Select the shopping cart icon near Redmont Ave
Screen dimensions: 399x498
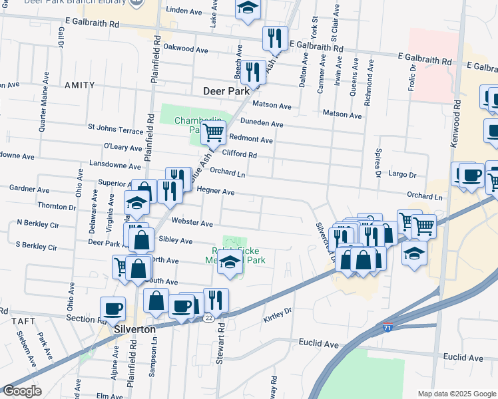[213, 132]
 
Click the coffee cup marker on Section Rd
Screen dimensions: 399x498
[113, 309]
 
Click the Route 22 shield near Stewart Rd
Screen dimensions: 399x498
[208, 318]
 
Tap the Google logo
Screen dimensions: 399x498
[22, 391]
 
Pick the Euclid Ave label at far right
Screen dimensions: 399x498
[463, 358]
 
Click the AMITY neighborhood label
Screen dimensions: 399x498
[79, 86]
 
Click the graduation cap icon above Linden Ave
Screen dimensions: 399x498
[248, 8]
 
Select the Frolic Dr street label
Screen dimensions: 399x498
[413, 78]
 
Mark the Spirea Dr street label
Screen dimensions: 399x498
[377, 163]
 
